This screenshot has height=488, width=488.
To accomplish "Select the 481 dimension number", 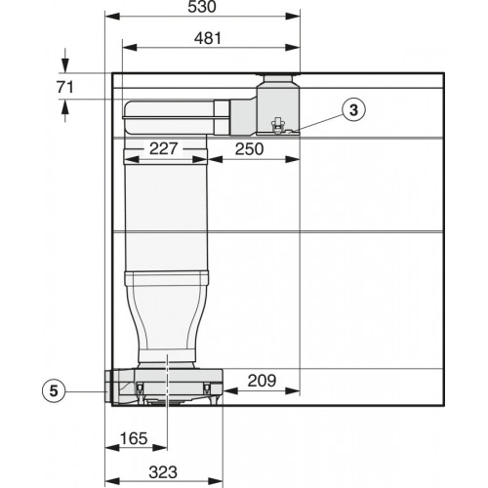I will coord(210,39).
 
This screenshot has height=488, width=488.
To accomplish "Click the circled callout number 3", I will coord(356,110).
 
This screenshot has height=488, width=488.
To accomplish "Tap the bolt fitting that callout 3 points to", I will coord(278,125).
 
